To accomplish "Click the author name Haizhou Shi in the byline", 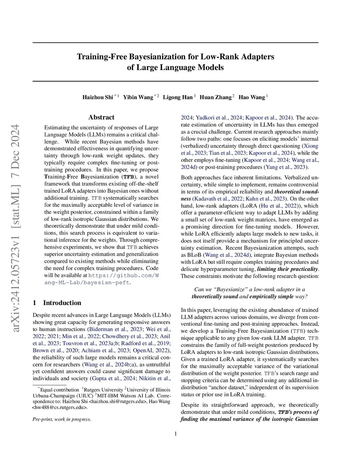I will point(98,97).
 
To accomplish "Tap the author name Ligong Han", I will point(178,97).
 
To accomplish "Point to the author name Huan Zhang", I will point(216,97).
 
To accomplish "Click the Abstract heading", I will point(101,117).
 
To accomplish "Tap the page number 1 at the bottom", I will point(175,434).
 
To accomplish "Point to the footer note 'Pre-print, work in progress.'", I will point(62,419).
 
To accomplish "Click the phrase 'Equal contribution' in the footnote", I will point(59,390).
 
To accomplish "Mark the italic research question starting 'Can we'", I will point(250,293).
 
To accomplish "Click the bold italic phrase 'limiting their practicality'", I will point(287,269).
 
